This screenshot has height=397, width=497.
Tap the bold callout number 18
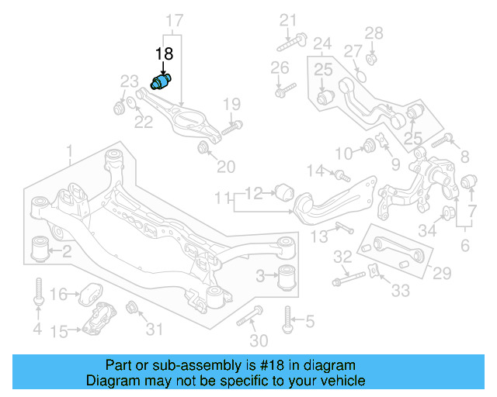point(164,54)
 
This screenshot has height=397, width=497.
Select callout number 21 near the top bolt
point(288,19)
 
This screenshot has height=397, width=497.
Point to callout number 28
point(374,33)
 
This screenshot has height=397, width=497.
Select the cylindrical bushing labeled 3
point(288,274)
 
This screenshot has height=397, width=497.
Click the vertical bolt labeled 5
point(288,317)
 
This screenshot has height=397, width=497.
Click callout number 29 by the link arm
point(442,273)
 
